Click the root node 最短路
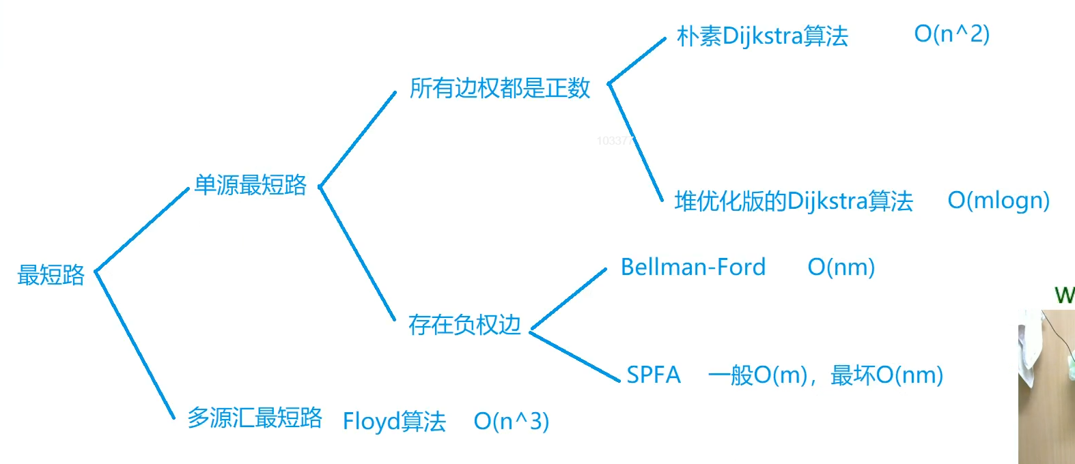[51, 275]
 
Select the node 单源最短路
[250, 185]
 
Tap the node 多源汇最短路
[254, 418]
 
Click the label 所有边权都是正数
[499, 88]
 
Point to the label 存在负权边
[464, 325]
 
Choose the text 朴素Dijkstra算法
[762, 35]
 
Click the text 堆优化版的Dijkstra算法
[794, 201]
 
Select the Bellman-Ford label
[693, 267]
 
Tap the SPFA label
[654, 375]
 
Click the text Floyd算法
[394, 421]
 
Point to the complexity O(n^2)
[951, 33]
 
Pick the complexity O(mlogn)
[999, 201]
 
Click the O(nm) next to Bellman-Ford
[841, 267]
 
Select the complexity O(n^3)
[511, 421]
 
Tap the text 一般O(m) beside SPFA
[757, 375]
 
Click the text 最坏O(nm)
[886, 375]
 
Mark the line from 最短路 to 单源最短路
[141, 230]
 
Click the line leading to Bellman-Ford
[568, 298]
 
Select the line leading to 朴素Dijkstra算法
[637, 61]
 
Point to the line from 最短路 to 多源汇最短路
[135, 345]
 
